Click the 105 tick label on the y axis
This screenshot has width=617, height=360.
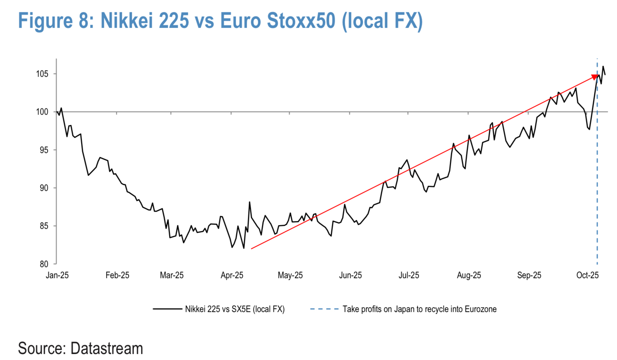click(42, 74)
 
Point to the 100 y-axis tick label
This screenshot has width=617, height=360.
click(42, 112)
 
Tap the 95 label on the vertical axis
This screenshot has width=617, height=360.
click(44, 150)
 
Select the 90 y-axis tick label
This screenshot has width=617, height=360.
click(44, 188)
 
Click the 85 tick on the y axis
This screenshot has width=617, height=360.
click(44, 226)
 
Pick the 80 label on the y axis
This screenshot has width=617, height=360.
click(44, 264)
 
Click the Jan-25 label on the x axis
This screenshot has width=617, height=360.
click(57, 275)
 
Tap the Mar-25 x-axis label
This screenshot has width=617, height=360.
click(172, 275)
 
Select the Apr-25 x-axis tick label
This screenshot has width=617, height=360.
click(232, 275)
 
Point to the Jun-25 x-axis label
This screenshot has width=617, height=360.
click(350, 275)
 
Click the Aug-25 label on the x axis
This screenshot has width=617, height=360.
click(469, 275)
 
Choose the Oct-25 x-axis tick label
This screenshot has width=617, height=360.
click(588, 275)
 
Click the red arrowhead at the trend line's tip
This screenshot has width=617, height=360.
click(595, 77)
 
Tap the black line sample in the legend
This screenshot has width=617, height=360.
click(167, 309)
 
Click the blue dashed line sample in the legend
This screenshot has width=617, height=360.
click(324, 309)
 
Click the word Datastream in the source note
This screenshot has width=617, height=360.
click(106, 348)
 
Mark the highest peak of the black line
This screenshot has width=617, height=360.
click(603, 67)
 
